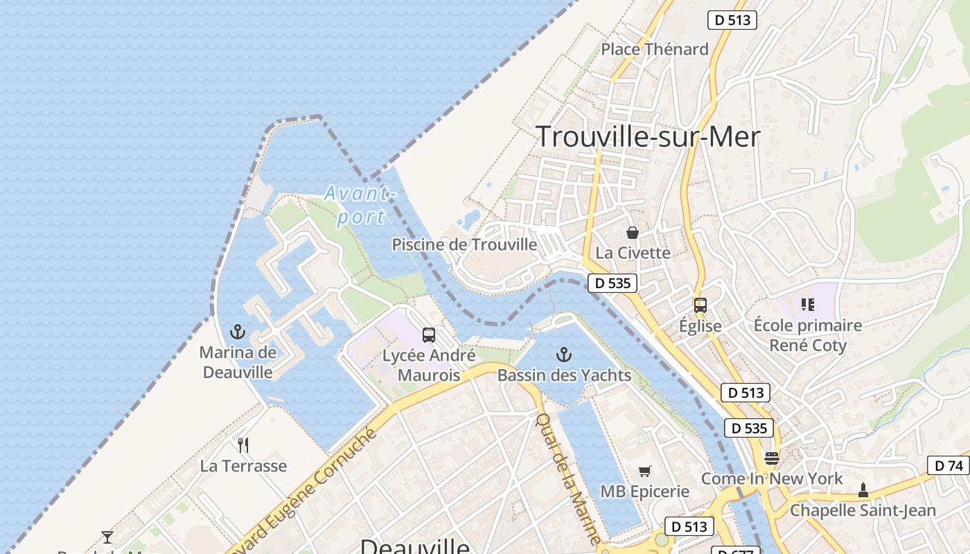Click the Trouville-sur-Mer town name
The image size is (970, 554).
(648, 137)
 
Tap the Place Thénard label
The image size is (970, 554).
(654, 49)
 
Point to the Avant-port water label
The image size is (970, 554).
(359, 205)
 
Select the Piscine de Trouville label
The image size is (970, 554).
(464, 244)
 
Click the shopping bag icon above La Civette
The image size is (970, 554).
(633, 233)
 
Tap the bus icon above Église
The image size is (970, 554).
(700, 305)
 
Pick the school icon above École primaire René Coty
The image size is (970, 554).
(807, 305)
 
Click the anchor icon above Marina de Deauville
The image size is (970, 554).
(238, 332)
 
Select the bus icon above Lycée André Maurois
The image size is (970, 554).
(429, 335)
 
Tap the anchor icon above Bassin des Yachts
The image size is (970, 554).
(564, 355)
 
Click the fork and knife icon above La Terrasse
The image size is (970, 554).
(243, 445)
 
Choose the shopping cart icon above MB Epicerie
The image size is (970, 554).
(645, 472)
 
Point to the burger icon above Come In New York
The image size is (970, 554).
(771, 458)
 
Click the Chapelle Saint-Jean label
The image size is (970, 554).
(863, 511)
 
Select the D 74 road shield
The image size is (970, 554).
(949, 465)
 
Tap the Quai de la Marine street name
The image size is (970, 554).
(568, 478)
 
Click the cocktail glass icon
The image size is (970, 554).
(107, 537)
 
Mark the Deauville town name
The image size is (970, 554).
(414, 546)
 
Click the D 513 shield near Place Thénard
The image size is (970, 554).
(732, 20)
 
